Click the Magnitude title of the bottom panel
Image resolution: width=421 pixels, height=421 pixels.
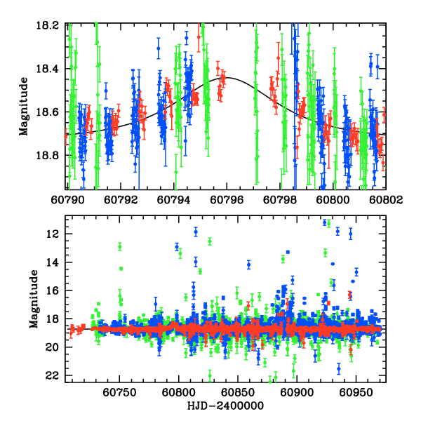click(32, 299)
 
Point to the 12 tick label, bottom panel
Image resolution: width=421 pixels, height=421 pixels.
click(58, 234)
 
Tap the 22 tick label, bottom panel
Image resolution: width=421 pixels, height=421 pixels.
click(58, 376)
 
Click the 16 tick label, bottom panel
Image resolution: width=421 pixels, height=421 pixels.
click(58, 290)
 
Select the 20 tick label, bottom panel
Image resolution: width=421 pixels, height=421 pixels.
click(58, 347)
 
